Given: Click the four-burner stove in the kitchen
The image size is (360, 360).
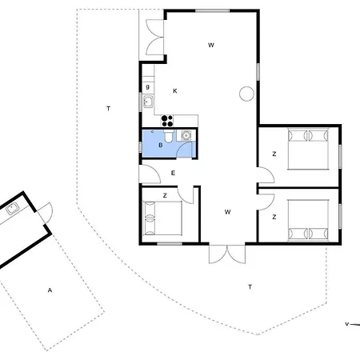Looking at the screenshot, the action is pyautogui.click(x=167, y=121).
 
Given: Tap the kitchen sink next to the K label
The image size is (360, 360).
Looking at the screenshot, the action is pyautogui.click(x=148, y=102).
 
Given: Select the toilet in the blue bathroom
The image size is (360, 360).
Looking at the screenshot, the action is pyautogui.click(x=168, y=136).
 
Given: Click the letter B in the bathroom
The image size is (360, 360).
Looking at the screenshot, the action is pyautogui.click(x=161, y=145).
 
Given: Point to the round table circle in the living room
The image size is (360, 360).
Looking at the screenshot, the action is pyautogui.click(x=246, y=94).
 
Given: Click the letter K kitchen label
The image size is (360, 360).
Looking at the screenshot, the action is pyautogui.click(x=175, y=91).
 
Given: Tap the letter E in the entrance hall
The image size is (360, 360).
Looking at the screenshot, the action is pyautogui.click(x=173, y=173).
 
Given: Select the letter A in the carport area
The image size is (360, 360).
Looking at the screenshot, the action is pyautogui.click(x=50, y=290).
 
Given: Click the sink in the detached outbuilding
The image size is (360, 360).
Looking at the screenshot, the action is pyautogui.click(x=12, y=208).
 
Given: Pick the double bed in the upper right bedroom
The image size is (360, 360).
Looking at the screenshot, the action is pyautogui.click(x=308, y=149).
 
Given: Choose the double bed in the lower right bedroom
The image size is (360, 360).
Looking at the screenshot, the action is pyautogui.click(x=308, y=221).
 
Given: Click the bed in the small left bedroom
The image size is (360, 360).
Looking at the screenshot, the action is pyautogui.click(x=162, y=218).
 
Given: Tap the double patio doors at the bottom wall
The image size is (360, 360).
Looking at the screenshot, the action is pyautogui.click(x=227, y=254).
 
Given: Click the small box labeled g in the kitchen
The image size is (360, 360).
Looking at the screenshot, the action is pyautogui.click(x=148, y=87).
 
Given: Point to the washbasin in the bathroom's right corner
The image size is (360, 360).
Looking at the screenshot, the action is pyautogui.click(x=186, y=136).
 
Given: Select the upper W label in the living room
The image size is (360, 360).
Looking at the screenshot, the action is pyautogui.click(x=211, y=45).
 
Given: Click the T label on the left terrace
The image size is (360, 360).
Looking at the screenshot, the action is pyautogui.click(x=108, y=108).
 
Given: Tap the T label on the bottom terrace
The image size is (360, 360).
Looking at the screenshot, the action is pyautogui.click(x=250, y=287).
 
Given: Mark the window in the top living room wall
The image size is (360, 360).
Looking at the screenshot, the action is pyautogui.click(x=212, y=11).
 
